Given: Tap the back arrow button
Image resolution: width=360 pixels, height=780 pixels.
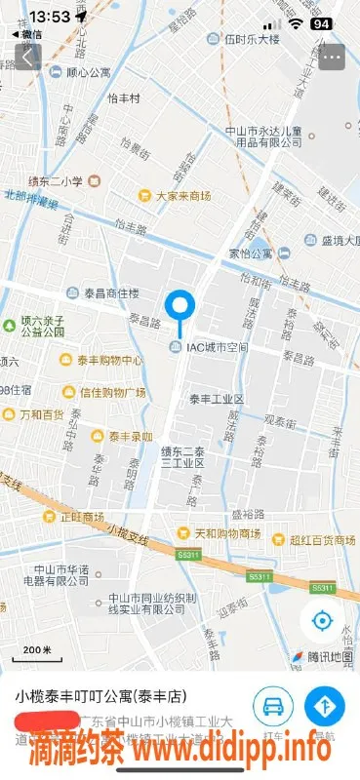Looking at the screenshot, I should [26, 57].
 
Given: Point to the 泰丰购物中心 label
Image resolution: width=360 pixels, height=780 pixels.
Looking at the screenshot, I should [110, 361].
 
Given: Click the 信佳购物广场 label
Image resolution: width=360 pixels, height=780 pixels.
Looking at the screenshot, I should [112, 392].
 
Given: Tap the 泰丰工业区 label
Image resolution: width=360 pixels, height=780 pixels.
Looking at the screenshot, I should [216, 400].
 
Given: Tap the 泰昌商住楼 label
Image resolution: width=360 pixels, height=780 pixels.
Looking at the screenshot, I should [110, 293].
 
